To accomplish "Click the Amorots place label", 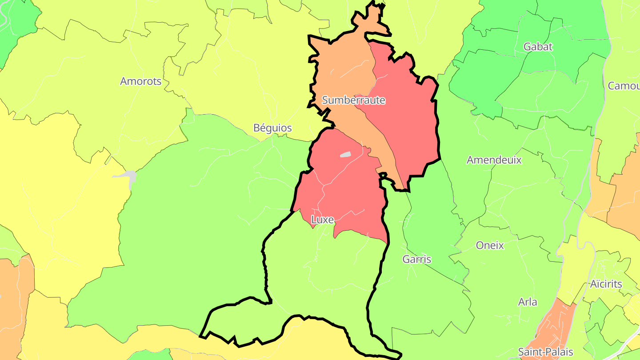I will pos(141,81).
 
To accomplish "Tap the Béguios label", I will pos(272,128).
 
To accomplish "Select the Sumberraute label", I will pos(353,100).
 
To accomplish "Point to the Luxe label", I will pos(322,219).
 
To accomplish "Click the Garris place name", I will pos(416,259).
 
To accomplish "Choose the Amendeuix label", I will pos(494,160).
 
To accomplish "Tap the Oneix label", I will pos(490,245).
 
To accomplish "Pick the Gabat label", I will pos(538,47).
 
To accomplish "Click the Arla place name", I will pos(528,302).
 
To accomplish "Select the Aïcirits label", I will pos(606,284).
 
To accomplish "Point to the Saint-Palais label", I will pos(545,352).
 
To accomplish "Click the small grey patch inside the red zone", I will pos(345,155).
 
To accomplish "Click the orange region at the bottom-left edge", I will pos(13,307).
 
